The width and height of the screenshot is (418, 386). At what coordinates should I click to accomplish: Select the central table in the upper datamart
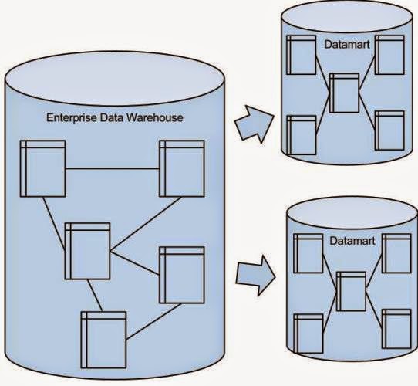(343, 93)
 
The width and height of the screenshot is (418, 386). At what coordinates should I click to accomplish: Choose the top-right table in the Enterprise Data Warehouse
(182, 168)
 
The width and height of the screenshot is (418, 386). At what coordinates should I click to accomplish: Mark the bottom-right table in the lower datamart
(396, 327)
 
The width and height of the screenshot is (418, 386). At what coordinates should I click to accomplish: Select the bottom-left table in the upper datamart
(301, 135)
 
